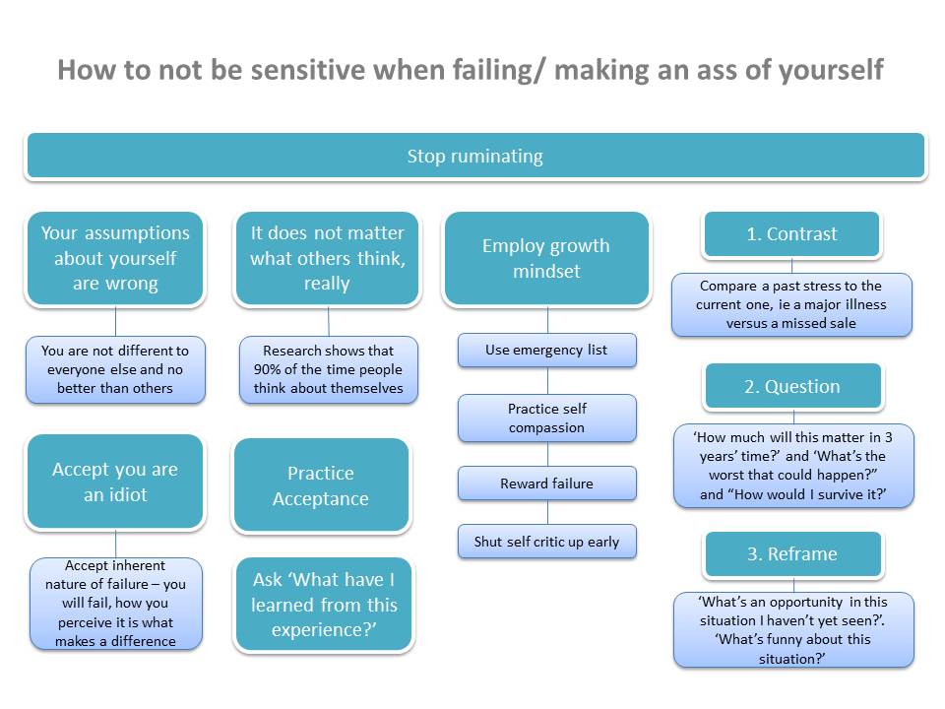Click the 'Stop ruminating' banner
point(474,157)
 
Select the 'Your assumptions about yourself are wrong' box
point(115,258)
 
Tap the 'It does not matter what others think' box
point(327,258)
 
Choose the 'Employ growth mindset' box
point(546,258)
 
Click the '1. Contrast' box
point(791,234)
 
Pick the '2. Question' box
point(791,386)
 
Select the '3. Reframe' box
point(791,553)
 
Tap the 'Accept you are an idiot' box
point(115,482)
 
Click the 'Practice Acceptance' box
point(321,485)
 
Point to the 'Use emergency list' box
point(546,350)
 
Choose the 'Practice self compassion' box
point(546,419)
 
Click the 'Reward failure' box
point(546,483)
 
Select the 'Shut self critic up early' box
point(546,542)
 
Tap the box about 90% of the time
point(328,369)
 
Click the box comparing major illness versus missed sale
point(791,304)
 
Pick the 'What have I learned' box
point(323,605)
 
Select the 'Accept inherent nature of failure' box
point(115,604)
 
